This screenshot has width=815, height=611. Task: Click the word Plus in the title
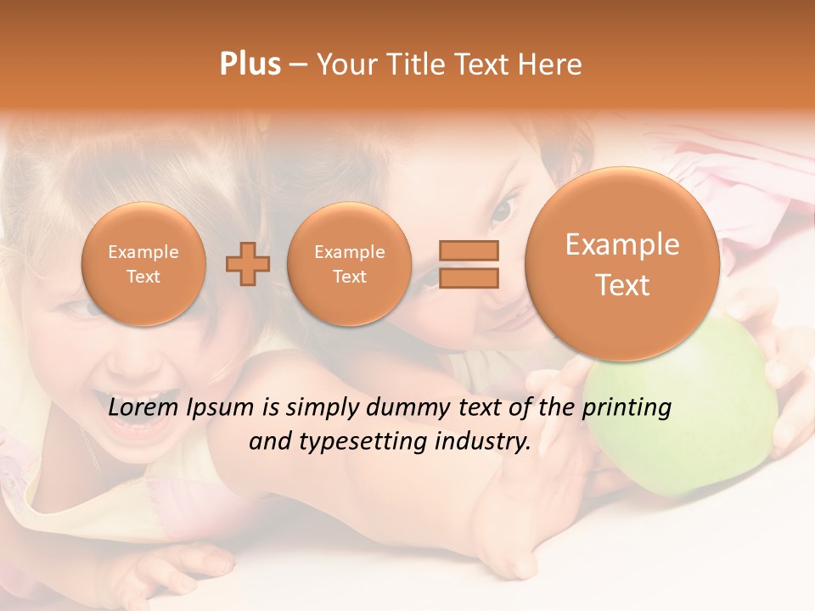click(x=250, y=64)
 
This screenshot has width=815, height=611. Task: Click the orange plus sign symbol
click(x=248, y=264)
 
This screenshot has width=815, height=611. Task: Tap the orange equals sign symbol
click(x=468, y=264)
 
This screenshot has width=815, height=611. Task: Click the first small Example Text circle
click(x=143, y=264)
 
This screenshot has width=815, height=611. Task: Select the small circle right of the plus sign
click(x=350, y=264)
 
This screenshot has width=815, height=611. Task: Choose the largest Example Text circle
click(x=622, y=264)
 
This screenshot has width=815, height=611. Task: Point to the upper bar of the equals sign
click(x=468, y=250)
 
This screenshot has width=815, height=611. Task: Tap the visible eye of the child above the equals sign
click(x=504, y=207)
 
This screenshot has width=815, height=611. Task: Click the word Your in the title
click(x=346, y=64)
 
